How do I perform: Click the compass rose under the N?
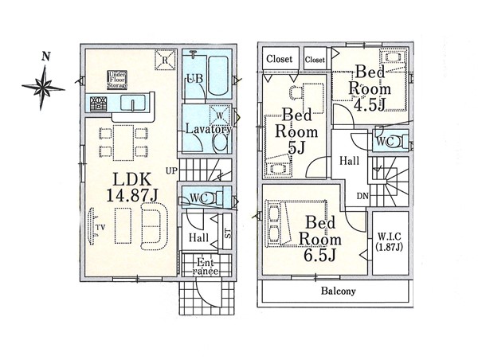coord(43,88)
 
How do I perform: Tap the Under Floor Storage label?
coord(117,80)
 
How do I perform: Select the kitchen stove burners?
coord(99,103)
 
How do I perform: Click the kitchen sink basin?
coord(133,103)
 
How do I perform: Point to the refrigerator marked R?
coord(165,60)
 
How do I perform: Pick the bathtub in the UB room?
coord(218,76)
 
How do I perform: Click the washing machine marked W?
coord(220,115)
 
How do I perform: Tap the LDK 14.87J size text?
coord(132,187)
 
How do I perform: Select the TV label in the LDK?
coord(100,227)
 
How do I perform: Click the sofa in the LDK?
coord(154,226)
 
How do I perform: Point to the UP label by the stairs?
coord(171,170)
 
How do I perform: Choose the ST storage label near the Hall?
coord(227,233)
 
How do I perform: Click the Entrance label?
coord(207,267)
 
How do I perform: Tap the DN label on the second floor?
coord(362,196)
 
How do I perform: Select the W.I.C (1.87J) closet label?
coord(390,241)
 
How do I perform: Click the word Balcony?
coord(338,291)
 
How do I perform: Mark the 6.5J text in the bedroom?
coord(319,255)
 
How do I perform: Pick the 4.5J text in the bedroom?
coord(370,104)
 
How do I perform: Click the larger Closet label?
coord(280,58)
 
